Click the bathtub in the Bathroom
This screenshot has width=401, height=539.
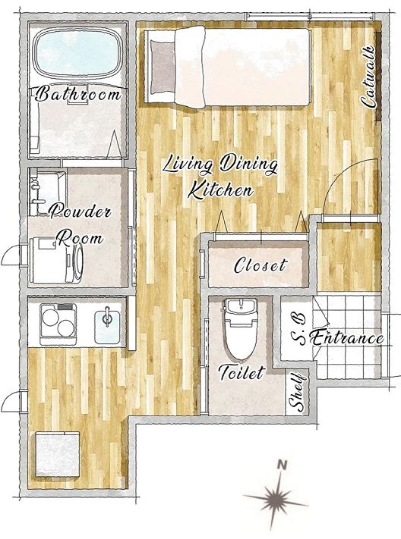pyautogui.click(x=78, y=53)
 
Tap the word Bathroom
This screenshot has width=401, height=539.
pyautogui.click(x=78, y=93)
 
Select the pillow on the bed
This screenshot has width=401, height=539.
pyautogui.click(x=162, y=67)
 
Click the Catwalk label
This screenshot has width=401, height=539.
pyautogui.click(x=368, y=77)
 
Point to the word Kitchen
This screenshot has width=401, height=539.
pyautogui.click(x=221, y=190)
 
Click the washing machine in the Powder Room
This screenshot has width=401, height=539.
pyautogui.click(x=57, y=260)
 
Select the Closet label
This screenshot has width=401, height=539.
pyautogui.click(x=260, y=265)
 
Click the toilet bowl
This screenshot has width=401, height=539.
pyautogui.click(x=241, y=329)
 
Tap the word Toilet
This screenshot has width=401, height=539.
pyautogui.click(x=242, y=372)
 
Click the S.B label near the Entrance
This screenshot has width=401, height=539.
pyautogui.click(x=299, y=329)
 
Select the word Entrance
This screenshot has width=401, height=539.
pyautogui.click(x=347, y=338)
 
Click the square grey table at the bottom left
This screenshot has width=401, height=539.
pyautogui.click(x=58, y=454)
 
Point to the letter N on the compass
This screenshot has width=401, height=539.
pyautogui.click(x=283, y=465)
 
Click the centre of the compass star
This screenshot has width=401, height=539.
pyautogui.click(x=275, y=497)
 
